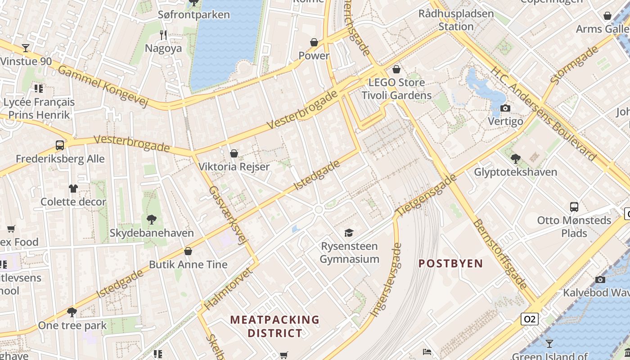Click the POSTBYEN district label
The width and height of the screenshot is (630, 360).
[450, 264]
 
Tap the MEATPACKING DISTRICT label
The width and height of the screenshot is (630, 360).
[274, 327]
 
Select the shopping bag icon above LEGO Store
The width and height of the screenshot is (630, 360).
[396, 69]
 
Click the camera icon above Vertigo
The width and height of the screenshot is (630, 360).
[505, 108]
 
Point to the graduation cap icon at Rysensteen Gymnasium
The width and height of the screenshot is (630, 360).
[349, 233]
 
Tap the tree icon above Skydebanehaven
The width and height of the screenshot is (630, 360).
[152, 220]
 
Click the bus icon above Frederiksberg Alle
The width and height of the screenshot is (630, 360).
[60, 145]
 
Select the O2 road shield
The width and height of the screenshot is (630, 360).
[529, 319]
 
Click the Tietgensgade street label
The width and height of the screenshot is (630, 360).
[426, 194]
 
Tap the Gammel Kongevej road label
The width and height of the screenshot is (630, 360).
[103, 86]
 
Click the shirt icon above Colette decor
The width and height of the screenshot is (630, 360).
[73, 188]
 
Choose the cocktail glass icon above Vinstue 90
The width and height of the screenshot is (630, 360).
[26, 48]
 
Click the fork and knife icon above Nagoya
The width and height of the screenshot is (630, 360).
[163, 35]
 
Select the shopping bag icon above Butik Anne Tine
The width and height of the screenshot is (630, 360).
[188, 251]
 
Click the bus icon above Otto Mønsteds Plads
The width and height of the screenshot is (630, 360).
[574, 207]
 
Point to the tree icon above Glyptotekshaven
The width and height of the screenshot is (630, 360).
[515, 158]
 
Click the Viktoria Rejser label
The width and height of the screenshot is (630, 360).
[234, 166]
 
